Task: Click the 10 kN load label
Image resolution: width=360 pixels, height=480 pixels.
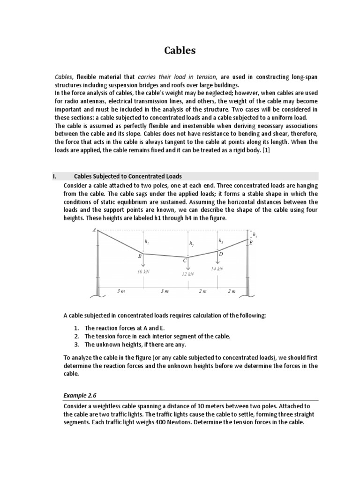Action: (x=143, y=271)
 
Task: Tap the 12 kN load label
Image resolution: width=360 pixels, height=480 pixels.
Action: (x=187, y=274)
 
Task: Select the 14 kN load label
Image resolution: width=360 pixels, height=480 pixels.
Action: (x=217, y=269)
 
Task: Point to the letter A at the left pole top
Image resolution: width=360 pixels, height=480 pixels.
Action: (x=94, y=230)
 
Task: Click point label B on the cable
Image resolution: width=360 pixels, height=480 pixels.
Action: (x=139, y=256)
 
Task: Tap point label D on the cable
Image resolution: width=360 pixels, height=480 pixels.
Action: (x=221, y=254)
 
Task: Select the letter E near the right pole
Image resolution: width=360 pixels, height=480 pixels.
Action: (x=251, y=243)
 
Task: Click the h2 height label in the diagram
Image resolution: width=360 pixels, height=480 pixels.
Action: (x=191, y=244)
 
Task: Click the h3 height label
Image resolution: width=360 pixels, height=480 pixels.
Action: (x=220, y=240)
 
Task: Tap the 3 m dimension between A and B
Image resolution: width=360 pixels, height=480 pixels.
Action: (x=121, y=291)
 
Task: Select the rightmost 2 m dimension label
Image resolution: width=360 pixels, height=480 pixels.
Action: (x=232, y=291)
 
